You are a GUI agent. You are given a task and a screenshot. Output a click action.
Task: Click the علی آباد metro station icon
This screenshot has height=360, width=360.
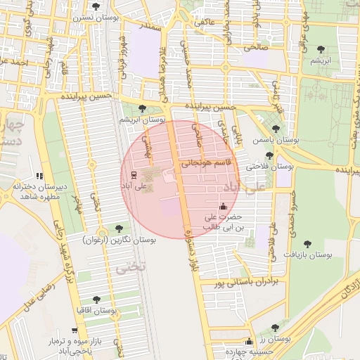pyautogui.click(x=134, y=175)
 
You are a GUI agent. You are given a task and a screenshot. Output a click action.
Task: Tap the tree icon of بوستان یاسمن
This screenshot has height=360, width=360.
pyautogui.click(x=276, y=129)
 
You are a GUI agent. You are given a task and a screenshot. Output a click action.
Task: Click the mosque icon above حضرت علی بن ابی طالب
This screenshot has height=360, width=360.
pyautogui.click(x=224, y=206)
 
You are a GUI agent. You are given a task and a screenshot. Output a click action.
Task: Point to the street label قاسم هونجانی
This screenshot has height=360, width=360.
pyautogui.click(x=206, y=162)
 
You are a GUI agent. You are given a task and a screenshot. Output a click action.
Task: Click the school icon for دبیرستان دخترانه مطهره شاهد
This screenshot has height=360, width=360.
pyautogui.click(x=39, y=175)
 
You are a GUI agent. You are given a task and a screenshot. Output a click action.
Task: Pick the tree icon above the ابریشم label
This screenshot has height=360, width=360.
pyautogui.click(x=321, y=49)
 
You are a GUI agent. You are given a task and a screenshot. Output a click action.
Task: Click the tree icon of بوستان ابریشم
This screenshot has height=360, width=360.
pyautogui.click(x=143, y=108)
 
